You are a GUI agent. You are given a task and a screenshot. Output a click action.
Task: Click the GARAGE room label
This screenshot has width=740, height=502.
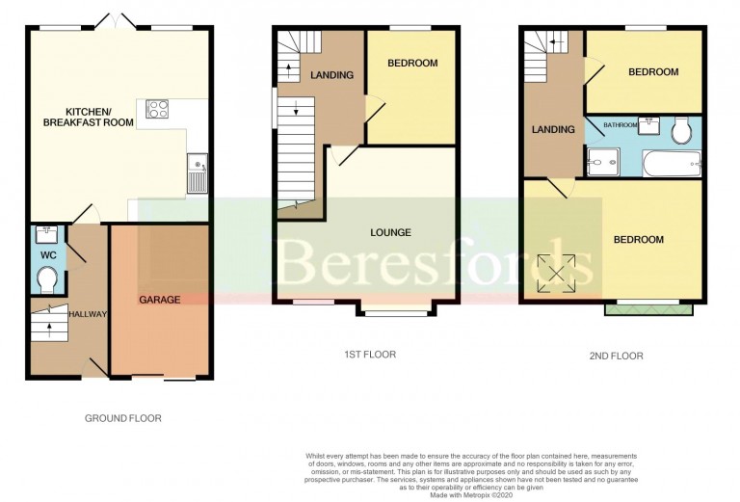159,300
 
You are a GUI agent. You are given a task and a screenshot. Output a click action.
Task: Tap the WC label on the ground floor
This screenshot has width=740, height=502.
45,255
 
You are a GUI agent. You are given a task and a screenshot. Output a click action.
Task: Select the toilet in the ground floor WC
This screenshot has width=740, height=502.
45,278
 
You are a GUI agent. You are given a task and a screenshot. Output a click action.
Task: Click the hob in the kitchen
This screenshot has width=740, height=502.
158,109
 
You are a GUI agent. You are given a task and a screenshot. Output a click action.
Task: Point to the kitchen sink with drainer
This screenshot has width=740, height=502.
198,172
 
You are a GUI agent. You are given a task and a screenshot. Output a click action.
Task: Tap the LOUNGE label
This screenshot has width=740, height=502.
391,232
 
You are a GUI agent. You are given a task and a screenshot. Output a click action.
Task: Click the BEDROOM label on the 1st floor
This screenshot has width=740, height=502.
412,64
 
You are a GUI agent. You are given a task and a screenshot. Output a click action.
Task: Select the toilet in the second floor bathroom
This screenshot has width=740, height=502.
682,131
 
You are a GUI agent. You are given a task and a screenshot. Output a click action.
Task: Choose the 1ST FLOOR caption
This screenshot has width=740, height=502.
369,355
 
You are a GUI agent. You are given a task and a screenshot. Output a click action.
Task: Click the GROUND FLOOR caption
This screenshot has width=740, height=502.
122,418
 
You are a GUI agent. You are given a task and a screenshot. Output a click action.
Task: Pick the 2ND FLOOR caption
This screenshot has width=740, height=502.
617,356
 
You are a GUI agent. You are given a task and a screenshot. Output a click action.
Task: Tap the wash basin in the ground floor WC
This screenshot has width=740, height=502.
44,234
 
